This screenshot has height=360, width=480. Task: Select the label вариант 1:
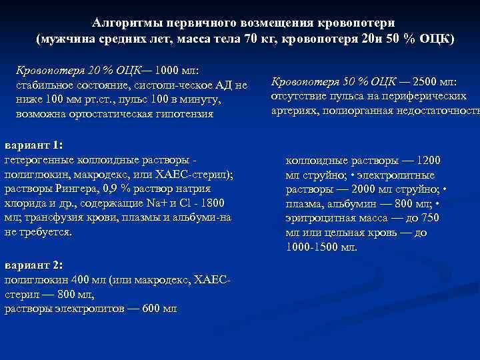[33, 145]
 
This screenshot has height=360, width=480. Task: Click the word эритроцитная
[319, 219]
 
